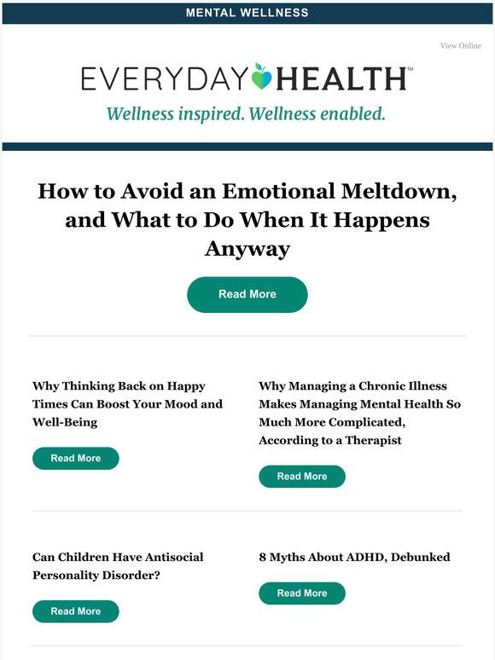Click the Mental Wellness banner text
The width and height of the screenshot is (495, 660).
(x=247, y=13)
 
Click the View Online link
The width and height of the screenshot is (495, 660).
(x=460, y=46)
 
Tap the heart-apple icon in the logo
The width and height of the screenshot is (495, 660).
(x=261, y=78)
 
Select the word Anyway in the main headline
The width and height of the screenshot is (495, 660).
(x=247, y=249)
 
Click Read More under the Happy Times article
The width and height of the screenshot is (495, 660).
(x=75, y=459)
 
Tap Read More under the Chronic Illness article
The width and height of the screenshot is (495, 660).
(x=302, y=477)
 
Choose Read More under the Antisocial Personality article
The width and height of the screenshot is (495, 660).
(x=75, y=611)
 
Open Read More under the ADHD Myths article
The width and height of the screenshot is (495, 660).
(x=302, y=593)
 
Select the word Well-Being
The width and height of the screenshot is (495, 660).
(x=65, y=423)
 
